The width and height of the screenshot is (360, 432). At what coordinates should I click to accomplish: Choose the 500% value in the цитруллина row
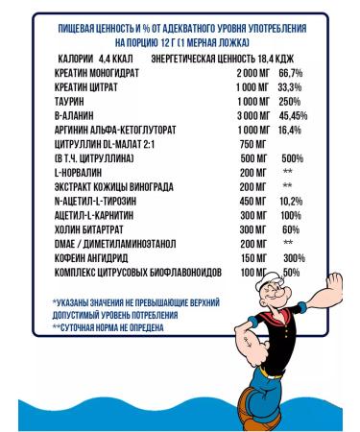point(292,158)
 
